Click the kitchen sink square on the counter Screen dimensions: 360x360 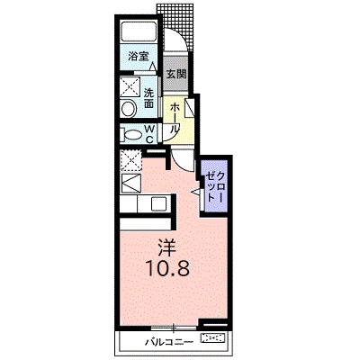click(x=130, y=184)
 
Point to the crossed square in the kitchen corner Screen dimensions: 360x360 click(x=130, y=162)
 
